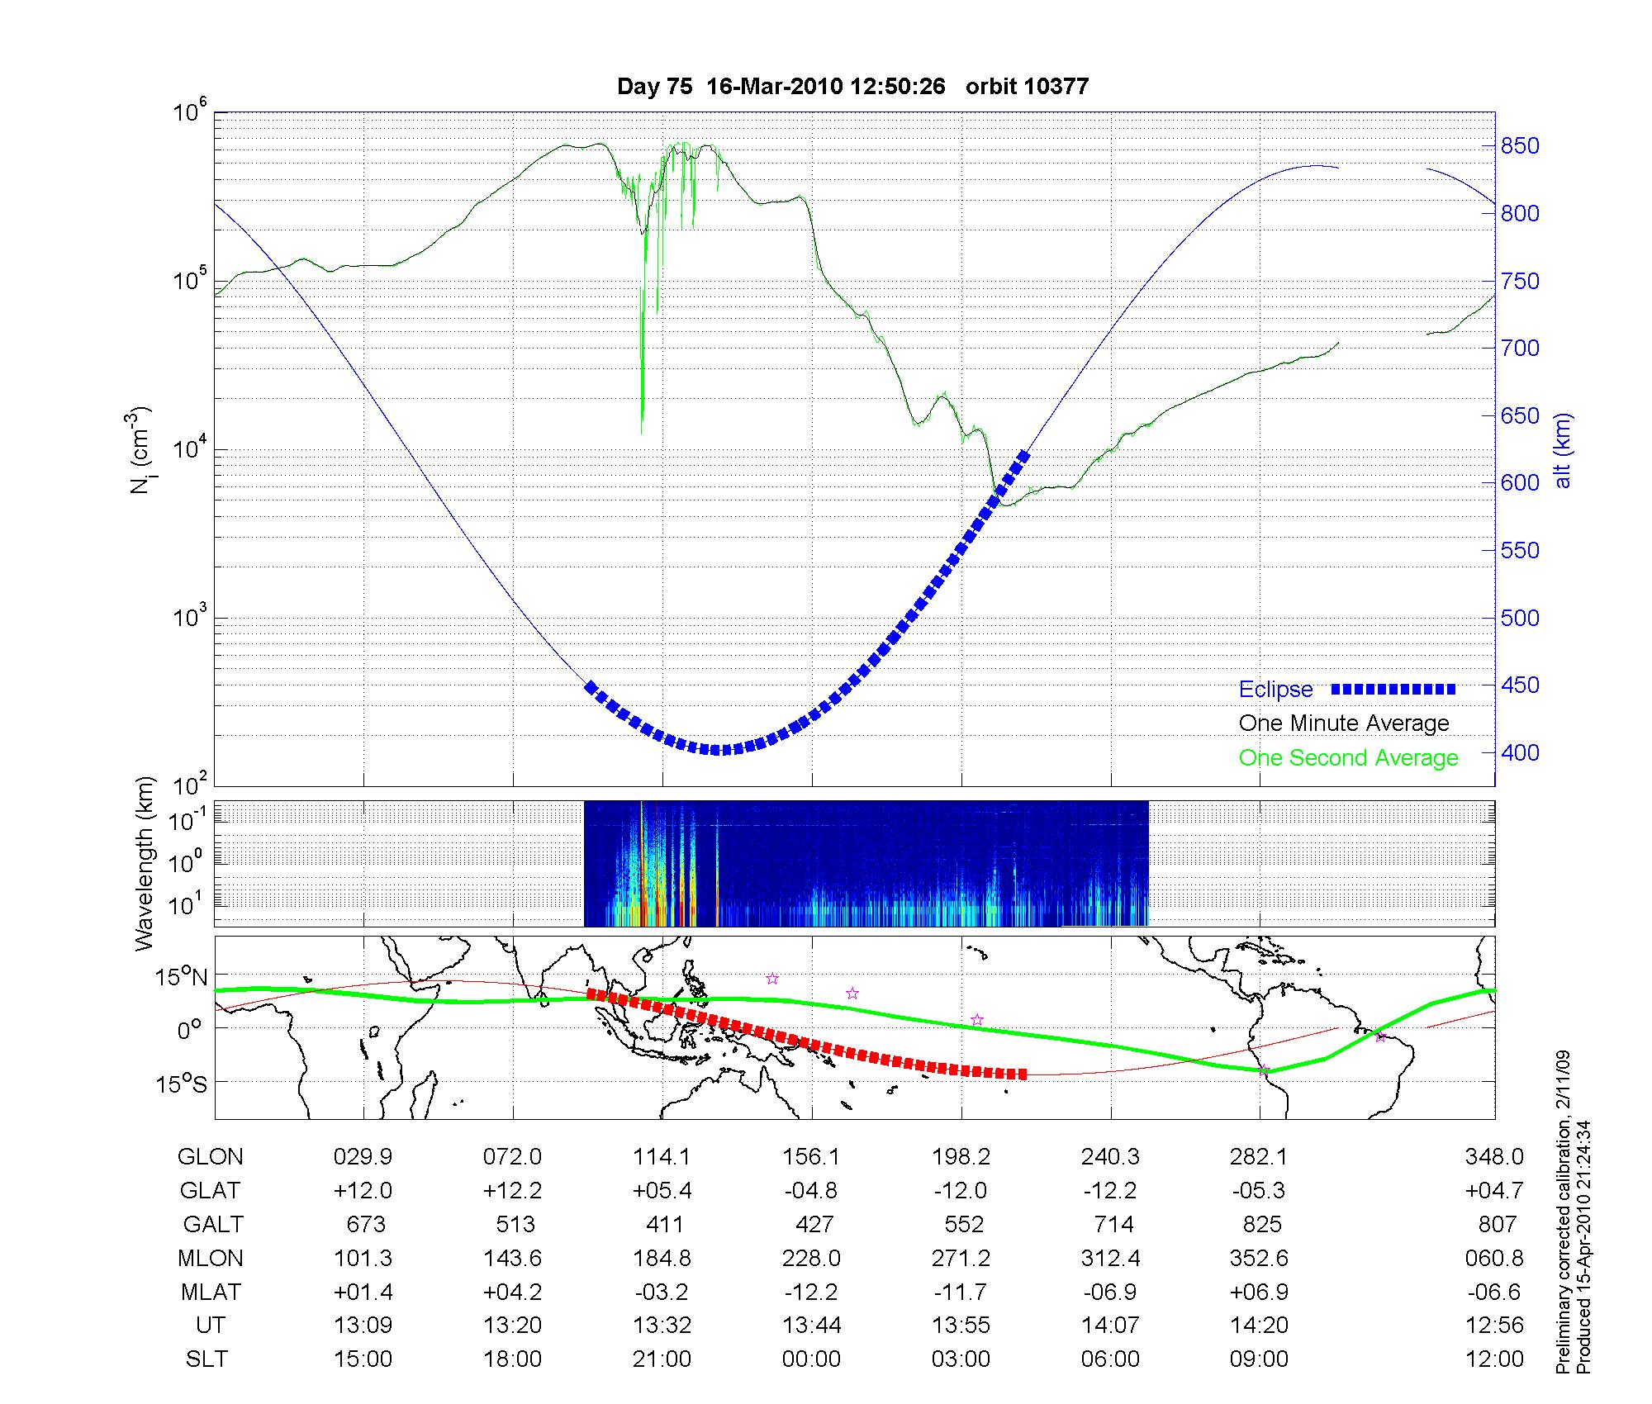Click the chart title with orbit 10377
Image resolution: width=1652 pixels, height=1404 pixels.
tap(852, 86)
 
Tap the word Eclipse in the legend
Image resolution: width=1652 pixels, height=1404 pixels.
tap(1275, 690)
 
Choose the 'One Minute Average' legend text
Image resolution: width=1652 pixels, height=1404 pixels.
tap(1344, 723)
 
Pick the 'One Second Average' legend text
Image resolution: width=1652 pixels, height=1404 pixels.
tap(1348, 758)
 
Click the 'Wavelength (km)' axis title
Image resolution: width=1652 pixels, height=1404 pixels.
tap(145, 863)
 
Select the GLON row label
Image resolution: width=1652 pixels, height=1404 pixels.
tap(210, 1157)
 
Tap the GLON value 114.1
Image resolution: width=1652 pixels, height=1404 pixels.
tap(662, 1157)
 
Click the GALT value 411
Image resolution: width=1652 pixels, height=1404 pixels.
tap(664, 1224)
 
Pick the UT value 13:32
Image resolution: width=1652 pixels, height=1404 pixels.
tap(662, 1326)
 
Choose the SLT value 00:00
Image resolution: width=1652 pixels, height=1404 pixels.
tap(811, 1359)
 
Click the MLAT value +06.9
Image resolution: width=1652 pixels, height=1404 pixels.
tap(1259, 1292)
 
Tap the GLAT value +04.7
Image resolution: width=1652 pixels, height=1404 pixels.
tap(1494, 1191)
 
